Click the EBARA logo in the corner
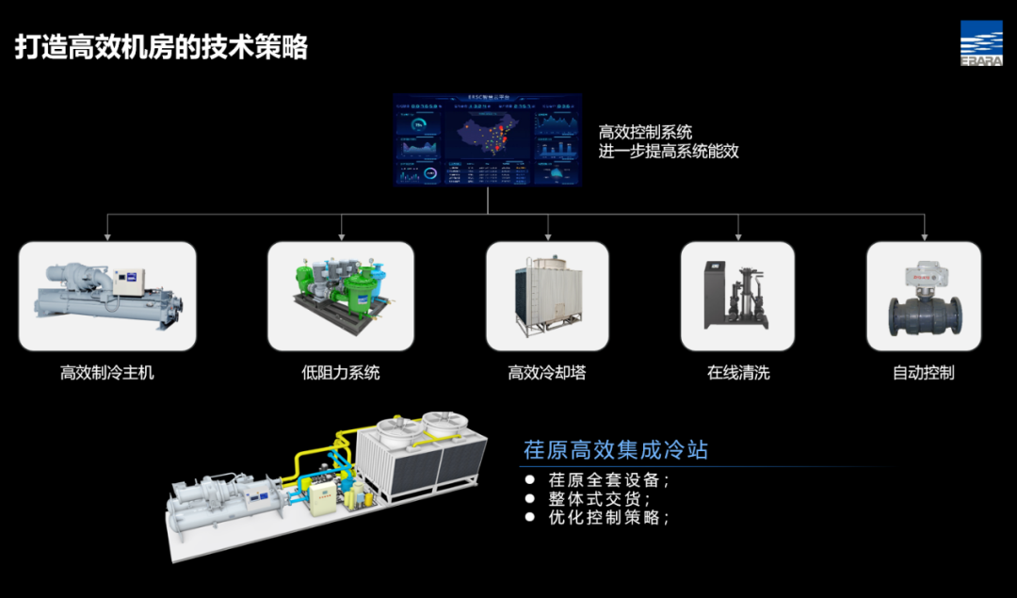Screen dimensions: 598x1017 pos(981,42)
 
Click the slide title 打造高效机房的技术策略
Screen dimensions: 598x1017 pos(161,47)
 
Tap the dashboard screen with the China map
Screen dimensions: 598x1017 pos(487,139)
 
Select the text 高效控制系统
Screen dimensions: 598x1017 pos(645,132)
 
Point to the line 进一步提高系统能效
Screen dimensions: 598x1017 pos(669,151)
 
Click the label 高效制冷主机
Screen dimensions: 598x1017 pos(107,373)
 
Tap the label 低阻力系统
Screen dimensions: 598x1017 pos(341,373)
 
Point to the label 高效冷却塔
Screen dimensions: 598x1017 pos(547,373)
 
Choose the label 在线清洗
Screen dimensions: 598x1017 pos(738,373)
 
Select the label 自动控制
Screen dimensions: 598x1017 pos(924,373)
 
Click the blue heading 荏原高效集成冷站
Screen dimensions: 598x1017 pos(616,449)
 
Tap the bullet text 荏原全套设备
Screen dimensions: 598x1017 pos(609,479)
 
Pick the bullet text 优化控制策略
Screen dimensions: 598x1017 pos(609,517)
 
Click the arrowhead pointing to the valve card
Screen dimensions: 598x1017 pos(924,236)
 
